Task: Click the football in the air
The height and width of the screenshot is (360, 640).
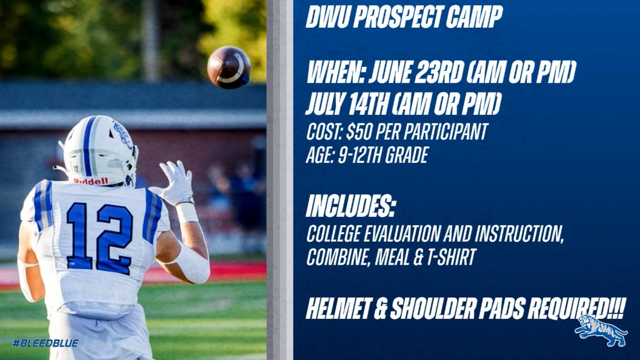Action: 229,67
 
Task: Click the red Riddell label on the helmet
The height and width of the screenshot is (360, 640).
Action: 91,181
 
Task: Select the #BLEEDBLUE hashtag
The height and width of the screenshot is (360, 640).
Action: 45,343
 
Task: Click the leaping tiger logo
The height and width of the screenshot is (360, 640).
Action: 601,331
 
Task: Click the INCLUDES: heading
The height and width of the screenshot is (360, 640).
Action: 350,207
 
